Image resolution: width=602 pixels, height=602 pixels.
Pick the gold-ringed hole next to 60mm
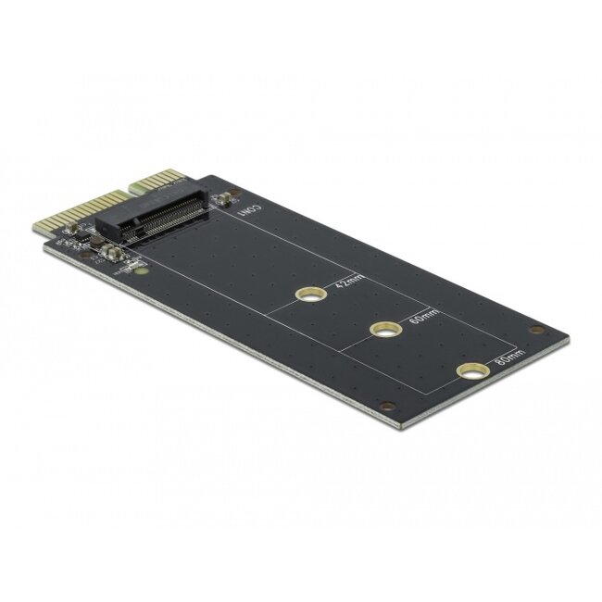(384, 330)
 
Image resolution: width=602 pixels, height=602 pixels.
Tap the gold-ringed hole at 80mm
(471, 372)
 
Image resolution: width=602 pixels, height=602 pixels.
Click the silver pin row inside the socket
(176, 219)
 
